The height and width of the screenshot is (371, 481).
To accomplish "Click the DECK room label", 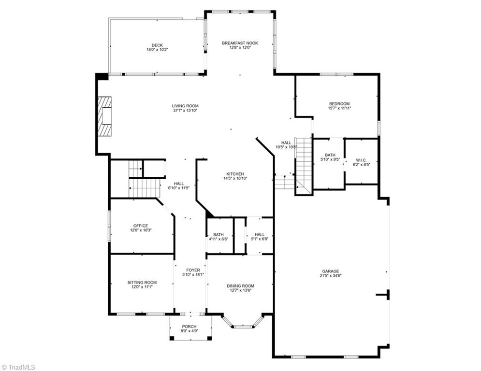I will pos(157,45).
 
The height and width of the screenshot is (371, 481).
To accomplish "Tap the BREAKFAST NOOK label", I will pos(240,43).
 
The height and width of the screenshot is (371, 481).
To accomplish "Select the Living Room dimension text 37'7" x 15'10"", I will pos(185,111).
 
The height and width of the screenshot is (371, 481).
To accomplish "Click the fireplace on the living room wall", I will pos(105,117).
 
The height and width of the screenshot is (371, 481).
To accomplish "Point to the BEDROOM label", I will pos(339,104).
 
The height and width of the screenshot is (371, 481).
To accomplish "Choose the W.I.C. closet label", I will pos(361,160).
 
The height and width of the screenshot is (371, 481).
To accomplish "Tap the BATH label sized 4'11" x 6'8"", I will pos(218,234).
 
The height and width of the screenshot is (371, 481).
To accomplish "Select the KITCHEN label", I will pos(235,174).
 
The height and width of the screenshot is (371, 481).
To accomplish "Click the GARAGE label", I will pos(331,271).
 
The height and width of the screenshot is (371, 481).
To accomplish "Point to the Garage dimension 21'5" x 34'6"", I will pos(331,276).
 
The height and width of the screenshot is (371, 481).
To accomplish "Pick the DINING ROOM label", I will pos(240,286).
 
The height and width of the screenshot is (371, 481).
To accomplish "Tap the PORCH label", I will pos(189,327).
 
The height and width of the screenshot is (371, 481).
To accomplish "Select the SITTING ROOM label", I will pos(142,283).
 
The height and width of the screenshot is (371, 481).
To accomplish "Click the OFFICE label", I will pos(141,226).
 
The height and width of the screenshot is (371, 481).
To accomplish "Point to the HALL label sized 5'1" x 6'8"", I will pos(260,234).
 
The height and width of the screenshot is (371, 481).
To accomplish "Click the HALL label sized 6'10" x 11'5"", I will pos(179,184).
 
